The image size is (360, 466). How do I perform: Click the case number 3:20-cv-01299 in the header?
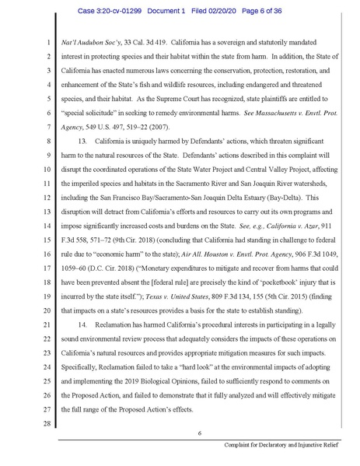[128, 10]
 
